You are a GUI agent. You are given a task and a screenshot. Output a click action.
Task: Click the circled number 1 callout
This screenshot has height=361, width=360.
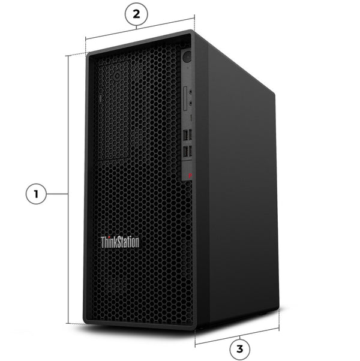[x=36, y=194]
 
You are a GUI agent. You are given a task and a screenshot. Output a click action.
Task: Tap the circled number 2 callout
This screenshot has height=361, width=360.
[x=136, y=14]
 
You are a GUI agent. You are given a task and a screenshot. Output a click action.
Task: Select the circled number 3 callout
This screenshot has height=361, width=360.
[x=239, y=349]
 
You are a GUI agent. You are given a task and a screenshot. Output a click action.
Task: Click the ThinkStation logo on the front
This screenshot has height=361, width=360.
[x=120, y=242]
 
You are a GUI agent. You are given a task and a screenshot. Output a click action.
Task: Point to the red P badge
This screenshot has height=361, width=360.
[x=190, y=176]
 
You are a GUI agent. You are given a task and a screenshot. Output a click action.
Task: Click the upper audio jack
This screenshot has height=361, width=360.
[x=191, y=92]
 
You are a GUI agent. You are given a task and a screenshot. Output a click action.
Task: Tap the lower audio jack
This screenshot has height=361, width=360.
[x=190, y=103]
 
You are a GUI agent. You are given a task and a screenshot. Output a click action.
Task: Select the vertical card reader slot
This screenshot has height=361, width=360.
[x=185, y=98]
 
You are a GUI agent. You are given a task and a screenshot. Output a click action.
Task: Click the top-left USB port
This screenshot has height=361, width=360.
[x=185, y=136]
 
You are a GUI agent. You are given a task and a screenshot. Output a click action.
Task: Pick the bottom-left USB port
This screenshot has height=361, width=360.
[x=185, y=152]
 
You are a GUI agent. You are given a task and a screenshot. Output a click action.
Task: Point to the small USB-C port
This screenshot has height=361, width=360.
[x=191, y=118]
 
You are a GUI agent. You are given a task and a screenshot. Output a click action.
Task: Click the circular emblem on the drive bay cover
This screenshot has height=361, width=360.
[x=117, y=76]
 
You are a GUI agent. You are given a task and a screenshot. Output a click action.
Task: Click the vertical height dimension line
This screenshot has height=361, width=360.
[x=68, y=189]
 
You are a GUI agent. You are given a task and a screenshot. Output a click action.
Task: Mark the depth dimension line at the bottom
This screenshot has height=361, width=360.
[x=237, y=336]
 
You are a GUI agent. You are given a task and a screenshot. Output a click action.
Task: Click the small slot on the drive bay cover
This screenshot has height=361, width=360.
[x=100, y=98]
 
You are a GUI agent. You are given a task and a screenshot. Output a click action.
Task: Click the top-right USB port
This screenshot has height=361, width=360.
[x=190, y=134]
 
